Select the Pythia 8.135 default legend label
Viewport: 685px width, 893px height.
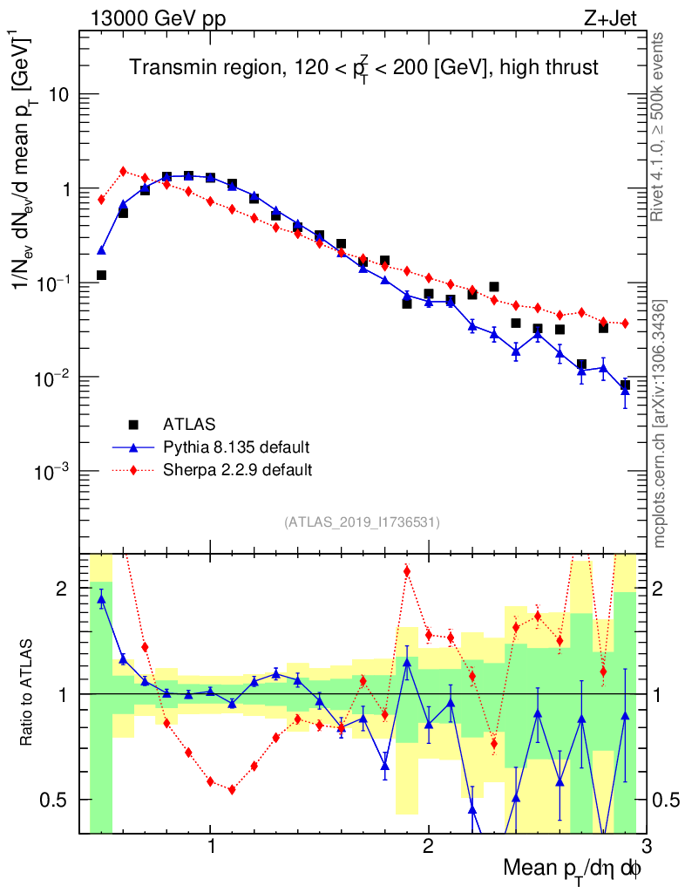pos(235,447)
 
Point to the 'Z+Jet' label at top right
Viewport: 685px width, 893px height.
pos(622,15)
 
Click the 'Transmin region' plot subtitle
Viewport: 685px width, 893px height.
pos(364,67)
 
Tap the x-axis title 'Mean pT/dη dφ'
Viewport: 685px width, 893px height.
pos(572,869)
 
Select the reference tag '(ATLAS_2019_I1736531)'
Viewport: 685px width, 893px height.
pos(362,522)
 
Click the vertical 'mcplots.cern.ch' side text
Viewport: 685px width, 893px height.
pos(659,424)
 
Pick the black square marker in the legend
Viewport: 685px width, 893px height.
pos(133,425)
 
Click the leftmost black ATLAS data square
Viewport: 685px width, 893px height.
pos(101,276)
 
